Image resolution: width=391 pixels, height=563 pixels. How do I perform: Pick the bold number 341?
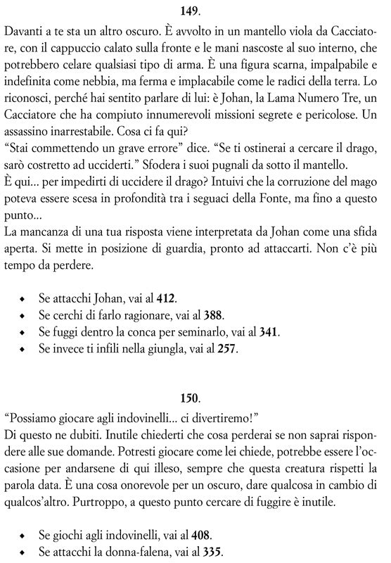pyautogui.click(x=269, y=331)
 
